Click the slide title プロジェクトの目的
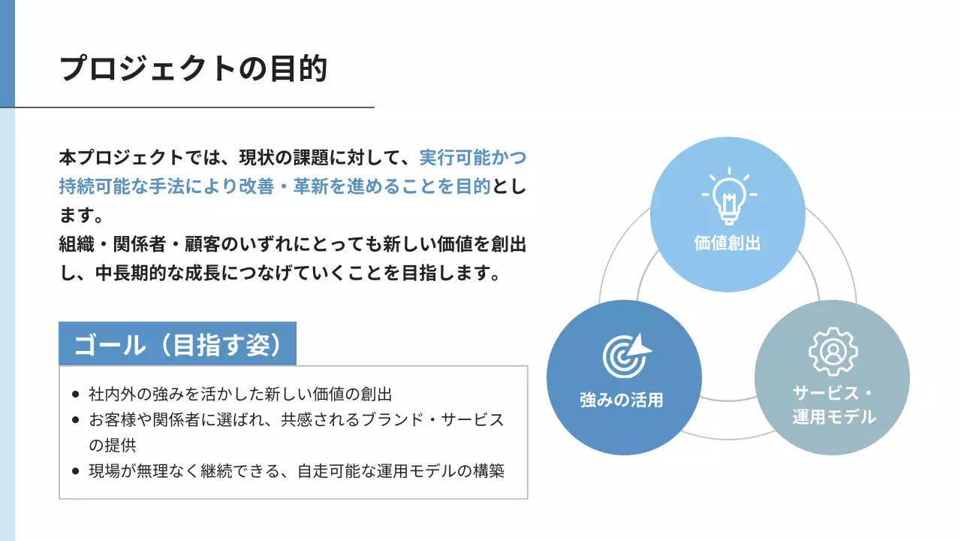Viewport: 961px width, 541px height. coord(193,68)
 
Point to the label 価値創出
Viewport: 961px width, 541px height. coord(728,243)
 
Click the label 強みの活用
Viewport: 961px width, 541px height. coord(622,400)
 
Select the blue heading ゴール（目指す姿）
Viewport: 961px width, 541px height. coord(177,345)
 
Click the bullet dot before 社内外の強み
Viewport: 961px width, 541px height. coord(75,394)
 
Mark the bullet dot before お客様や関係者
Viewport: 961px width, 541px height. coord(75,419)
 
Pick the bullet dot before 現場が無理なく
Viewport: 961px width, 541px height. coord(75,471)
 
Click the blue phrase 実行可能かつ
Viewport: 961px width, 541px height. coord(473,159)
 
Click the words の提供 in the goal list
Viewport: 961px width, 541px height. coord(112,445)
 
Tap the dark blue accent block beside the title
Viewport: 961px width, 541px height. coord(8,53)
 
